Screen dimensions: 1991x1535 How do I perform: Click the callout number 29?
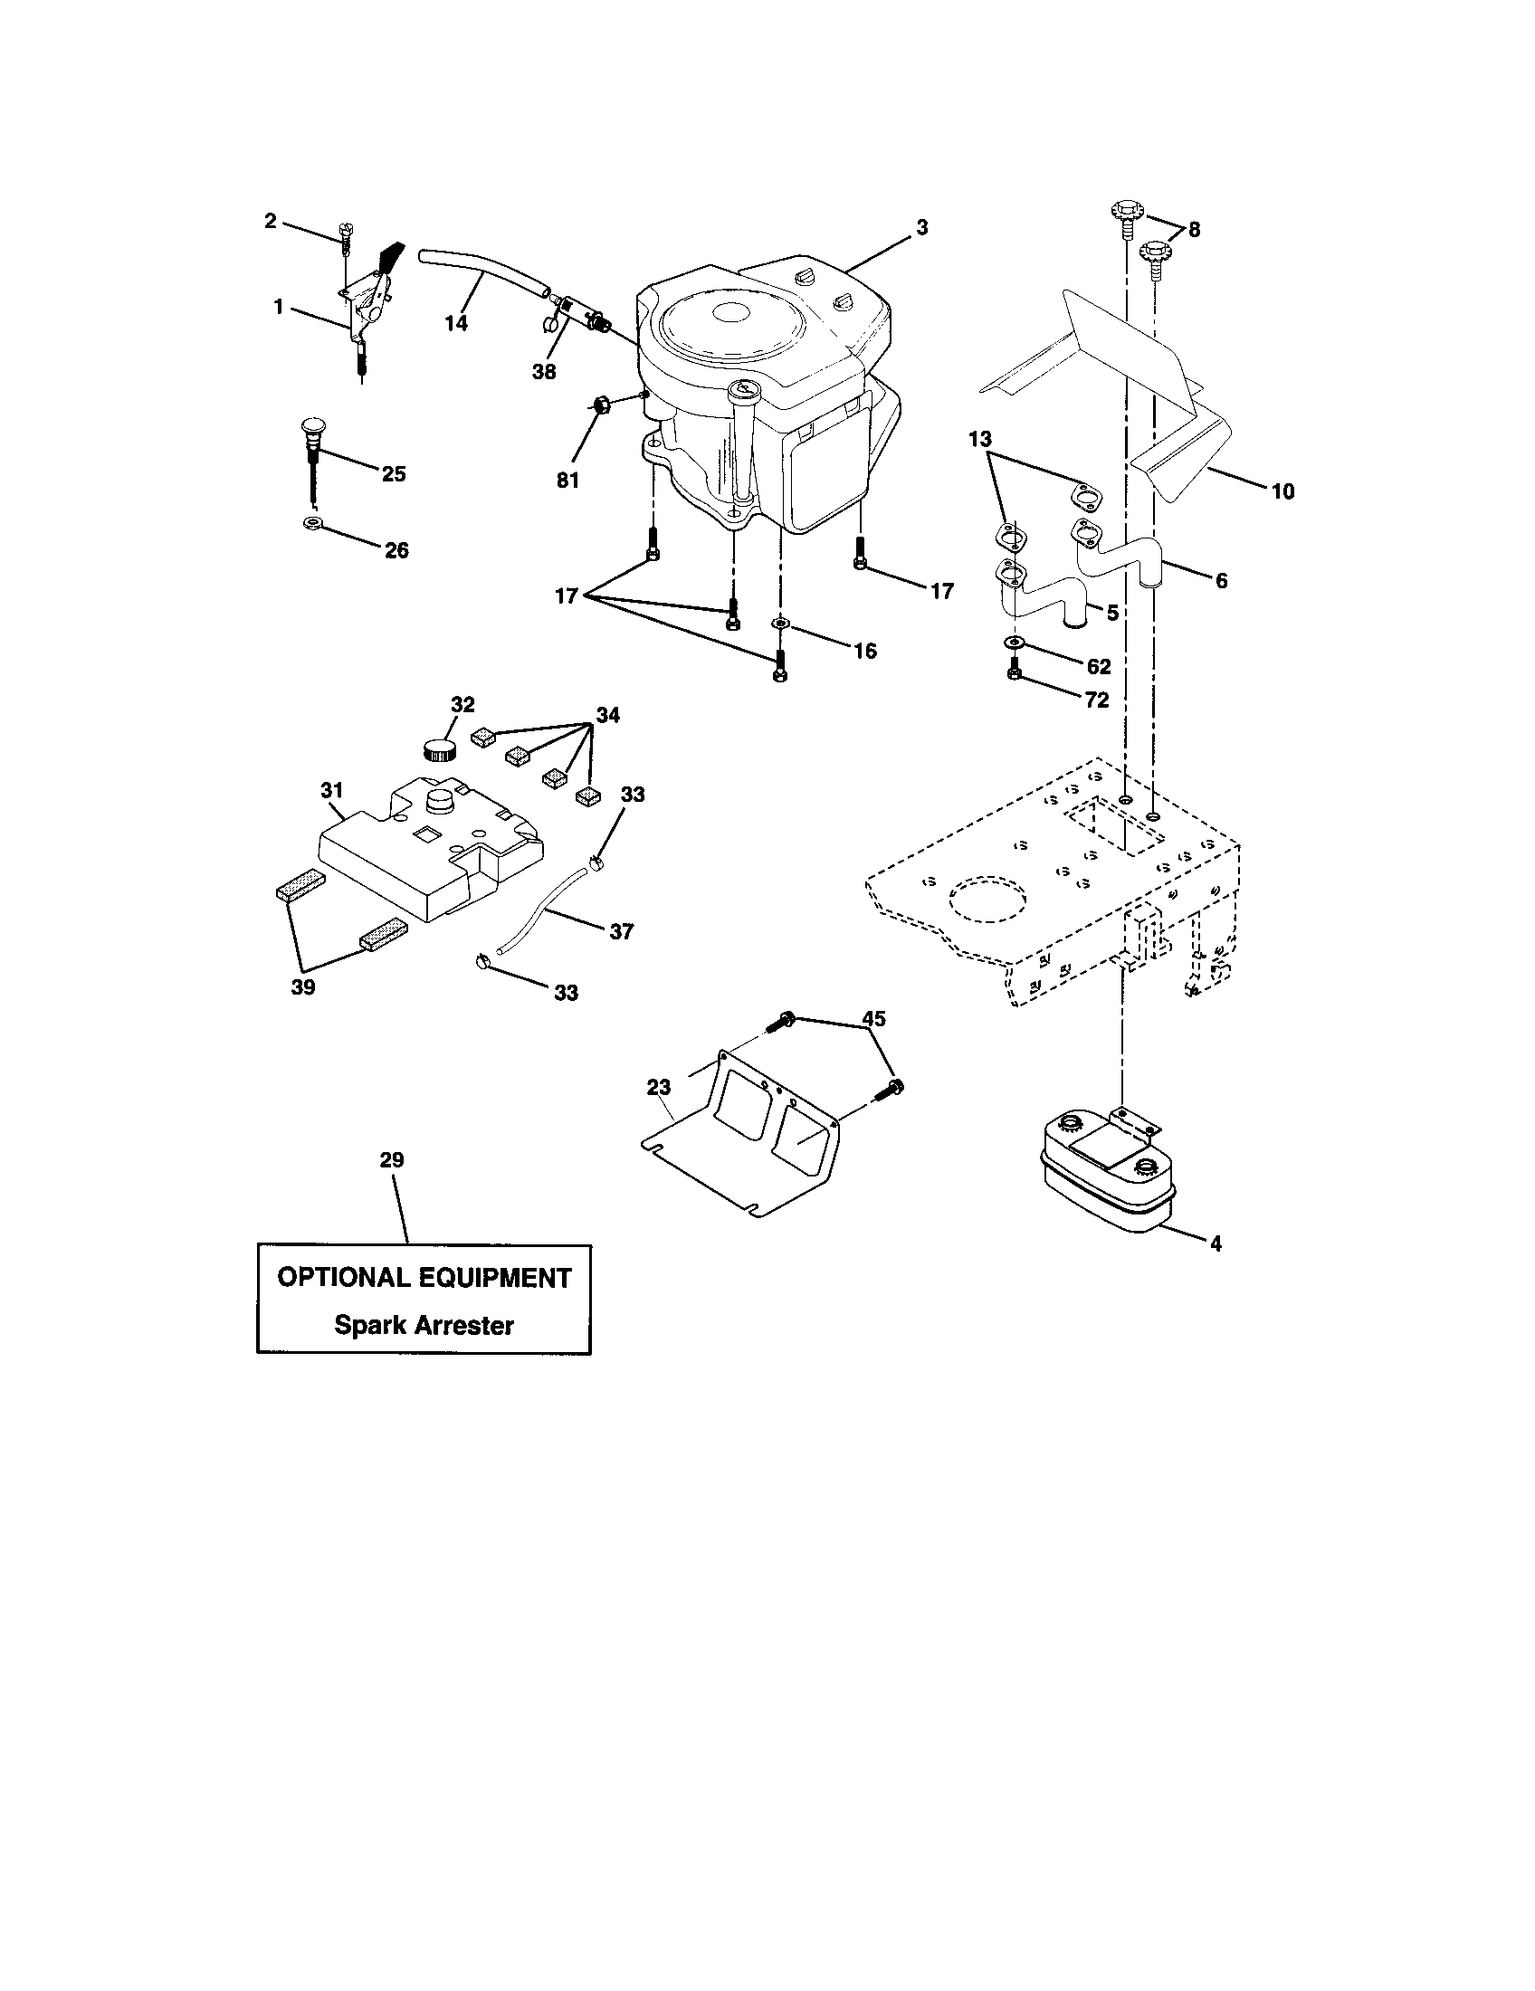[392, 1159]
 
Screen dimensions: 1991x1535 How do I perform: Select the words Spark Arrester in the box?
[424, 1325]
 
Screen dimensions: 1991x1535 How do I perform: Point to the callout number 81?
[567, 480]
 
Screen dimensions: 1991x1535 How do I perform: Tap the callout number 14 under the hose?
[456, 323]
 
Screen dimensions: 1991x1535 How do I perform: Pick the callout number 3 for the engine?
[922, 228]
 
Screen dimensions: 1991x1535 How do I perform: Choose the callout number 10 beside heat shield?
[1282, 491]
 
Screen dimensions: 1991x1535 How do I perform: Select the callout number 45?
[873, 1019]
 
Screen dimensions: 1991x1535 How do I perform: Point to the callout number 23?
[658, 1087]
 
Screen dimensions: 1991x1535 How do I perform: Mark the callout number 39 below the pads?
[302, 987]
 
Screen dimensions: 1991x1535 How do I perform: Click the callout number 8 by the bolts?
[1194, 229]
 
